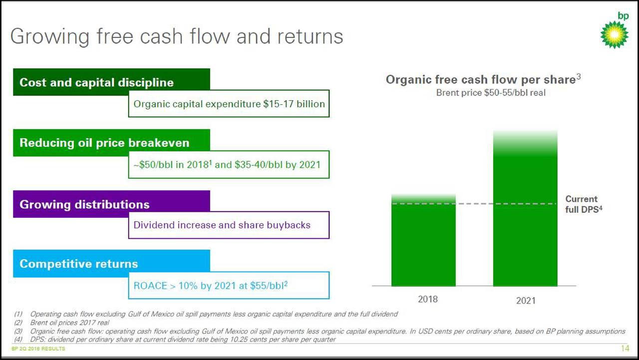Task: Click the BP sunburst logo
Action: [614, 34]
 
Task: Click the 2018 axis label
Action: [427, 299]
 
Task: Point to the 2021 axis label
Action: [525, 301]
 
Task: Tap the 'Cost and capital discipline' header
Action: [97, 82]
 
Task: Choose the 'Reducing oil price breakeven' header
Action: [104, 143]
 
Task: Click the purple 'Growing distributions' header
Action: [84, 204]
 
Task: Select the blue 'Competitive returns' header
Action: [79, 264]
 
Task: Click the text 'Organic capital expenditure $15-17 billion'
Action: [229, 104]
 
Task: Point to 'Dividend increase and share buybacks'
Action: [222, 225]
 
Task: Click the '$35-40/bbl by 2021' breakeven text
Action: [275, 165]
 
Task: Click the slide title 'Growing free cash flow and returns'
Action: [177, 36]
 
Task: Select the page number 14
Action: [625, 349]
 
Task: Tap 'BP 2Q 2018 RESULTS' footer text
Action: [38, 349]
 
